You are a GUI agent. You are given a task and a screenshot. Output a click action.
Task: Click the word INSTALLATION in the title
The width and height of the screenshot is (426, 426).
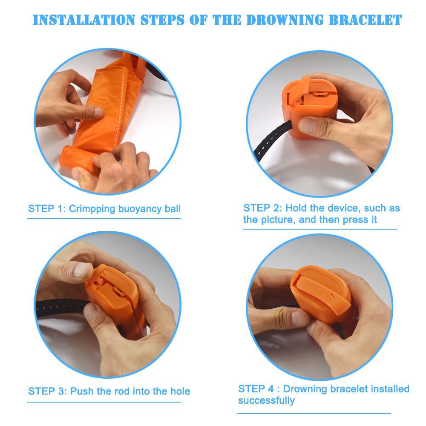(84, 20)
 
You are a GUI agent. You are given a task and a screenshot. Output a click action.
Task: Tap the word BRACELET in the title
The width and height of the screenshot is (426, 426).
(365, 20)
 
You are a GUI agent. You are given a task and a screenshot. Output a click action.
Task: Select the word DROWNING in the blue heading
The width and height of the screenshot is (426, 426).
(285, 20)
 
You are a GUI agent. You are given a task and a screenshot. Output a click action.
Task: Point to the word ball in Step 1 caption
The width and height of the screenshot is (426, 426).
(173, 209)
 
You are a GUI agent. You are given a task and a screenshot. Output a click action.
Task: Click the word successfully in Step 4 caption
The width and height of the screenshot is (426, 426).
(266, 401)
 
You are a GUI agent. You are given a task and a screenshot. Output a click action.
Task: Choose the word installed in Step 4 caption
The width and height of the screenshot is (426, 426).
(390, 389)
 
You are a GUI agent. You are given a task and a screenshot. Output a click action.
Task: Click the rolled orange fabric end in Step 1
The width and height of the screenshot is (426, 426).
(78, 160)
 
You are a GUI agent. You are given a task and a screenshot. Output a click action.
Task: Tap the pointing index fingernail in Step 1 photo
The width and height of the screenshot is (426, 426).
(99, 112)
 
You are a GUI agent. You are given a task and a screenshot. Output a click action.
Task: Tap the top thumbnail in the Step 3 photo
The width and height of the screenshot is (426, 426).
(81, 271)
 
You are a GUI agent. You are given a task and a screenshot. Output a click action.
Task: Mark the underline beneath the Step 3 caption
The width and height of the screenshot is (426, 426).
(104, 402)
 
